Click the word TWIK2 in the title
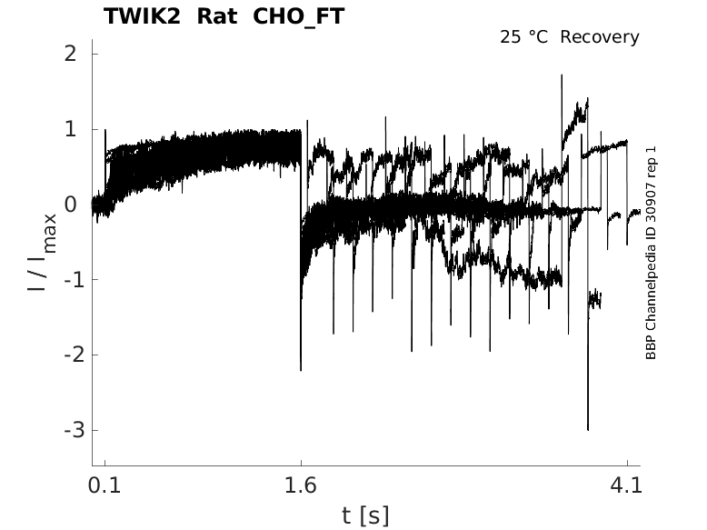(141, 16)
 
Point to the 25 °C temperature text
(524, 37)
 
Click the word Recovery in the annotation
(600, 37)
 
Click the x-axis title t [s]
(365, 515)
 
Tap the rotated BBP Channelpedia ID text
(651, 253)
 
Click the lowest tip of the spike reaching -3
(588, 430)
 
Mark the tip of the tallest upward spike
(563, 75)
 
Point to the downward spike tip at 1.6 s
(301, 370)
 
